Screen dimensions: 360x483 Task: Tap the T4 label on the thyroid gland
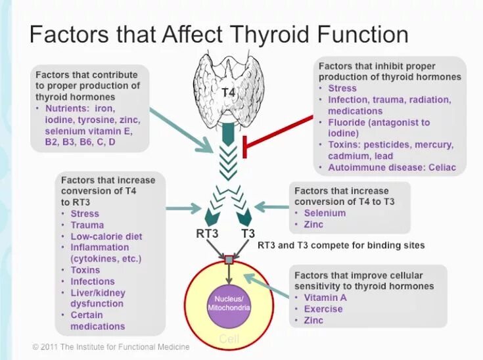click(228, 93)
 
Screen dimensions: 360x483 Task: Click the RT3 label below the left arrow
click(207, 233)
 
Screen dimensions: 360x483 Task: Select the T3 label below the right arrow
click(248, 233)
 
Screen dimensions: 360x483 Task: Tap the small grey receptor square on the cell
click(229, 260)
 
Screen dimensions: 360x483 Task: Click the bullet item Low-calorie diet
click(106, 236)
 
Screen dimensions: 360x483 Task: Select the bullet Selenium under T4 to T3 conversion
click(325, 214)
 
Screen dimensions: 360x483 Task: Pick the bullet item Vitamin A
click(325, 298)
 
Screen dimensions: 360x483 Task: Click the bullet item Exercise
click(323, 309)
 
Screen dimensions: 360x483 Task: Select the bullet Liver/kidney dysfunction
click(98, 298)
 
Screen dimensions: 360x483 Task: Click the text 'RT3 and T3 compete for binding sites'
click(341, 245)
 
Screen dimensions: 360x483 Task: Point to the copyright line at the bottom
click(111, 347)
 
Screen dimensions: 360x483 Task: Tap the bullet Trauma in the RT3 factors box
click(87, 225)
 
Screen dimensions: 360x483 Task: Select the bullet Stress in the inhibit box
click(342, 88)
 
